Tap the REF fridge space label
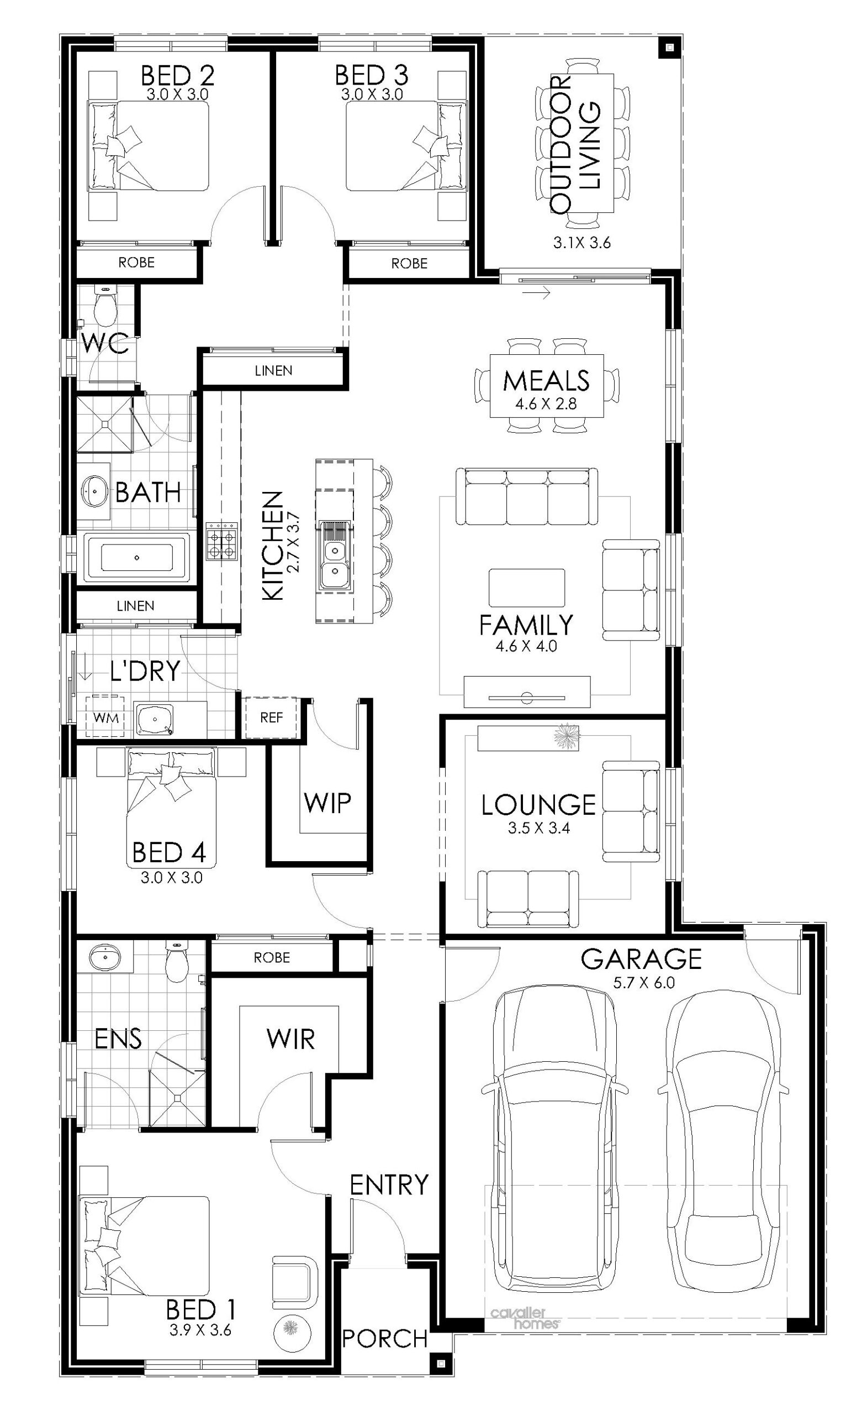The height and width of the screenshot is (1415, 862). coord(272,717)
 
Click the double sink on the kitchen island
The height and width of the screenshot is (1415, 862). coord(334,555)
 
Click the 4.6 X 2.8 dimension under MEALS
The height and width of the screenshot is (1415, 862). coord(546,403)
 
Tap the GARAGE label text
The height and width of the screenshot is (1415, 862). coord(641,958)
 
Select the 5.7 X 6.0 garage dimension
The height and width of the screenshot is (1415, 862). coord(643,983)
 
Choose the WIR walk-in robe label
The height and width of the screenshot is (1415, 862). coord(290,1038)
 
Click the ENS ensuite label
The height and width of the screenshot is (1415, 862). coord(118,1038)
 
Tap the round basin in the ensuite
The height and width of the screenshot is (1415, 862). coord(104,957)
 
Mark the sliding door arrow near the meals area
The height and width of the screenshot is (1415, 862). coord(537,294)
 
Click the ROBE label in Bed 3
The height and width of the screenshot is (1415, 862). coord(409,263)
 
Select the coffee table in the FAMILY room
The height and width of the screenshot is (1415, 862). coord(526,588)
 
